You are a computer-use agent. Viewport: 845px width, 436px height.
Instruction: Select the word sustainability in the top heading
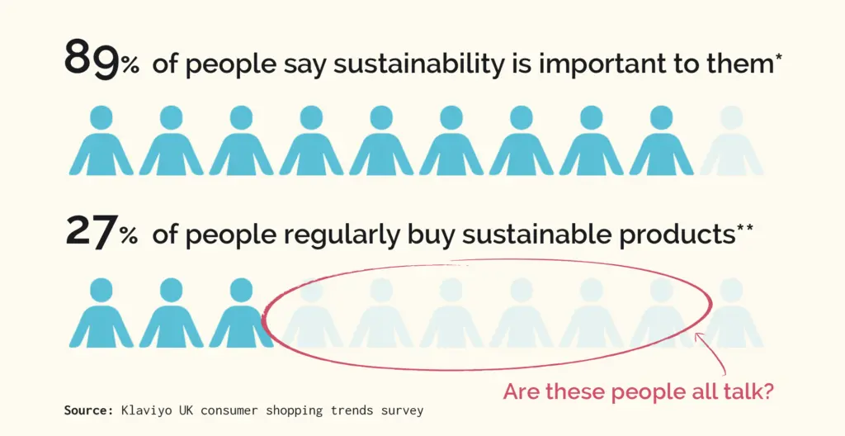[x=418, y=64]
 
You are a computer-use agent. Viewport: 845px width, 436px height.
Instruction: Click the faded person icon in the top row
[x=731, y=140]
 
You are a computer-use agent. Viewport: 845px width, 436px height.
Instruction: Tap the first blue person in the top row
[x=101, y=140]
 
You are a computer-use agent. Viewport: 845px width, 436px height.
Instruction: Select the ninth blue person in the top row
[x=661, y=140]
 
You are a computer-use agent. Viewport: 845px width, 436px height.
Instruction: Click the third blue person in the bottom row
[x=241, y=313]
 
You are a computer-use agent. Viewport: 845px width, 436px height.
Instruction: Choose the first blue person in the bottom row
[x=101, y=313]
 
